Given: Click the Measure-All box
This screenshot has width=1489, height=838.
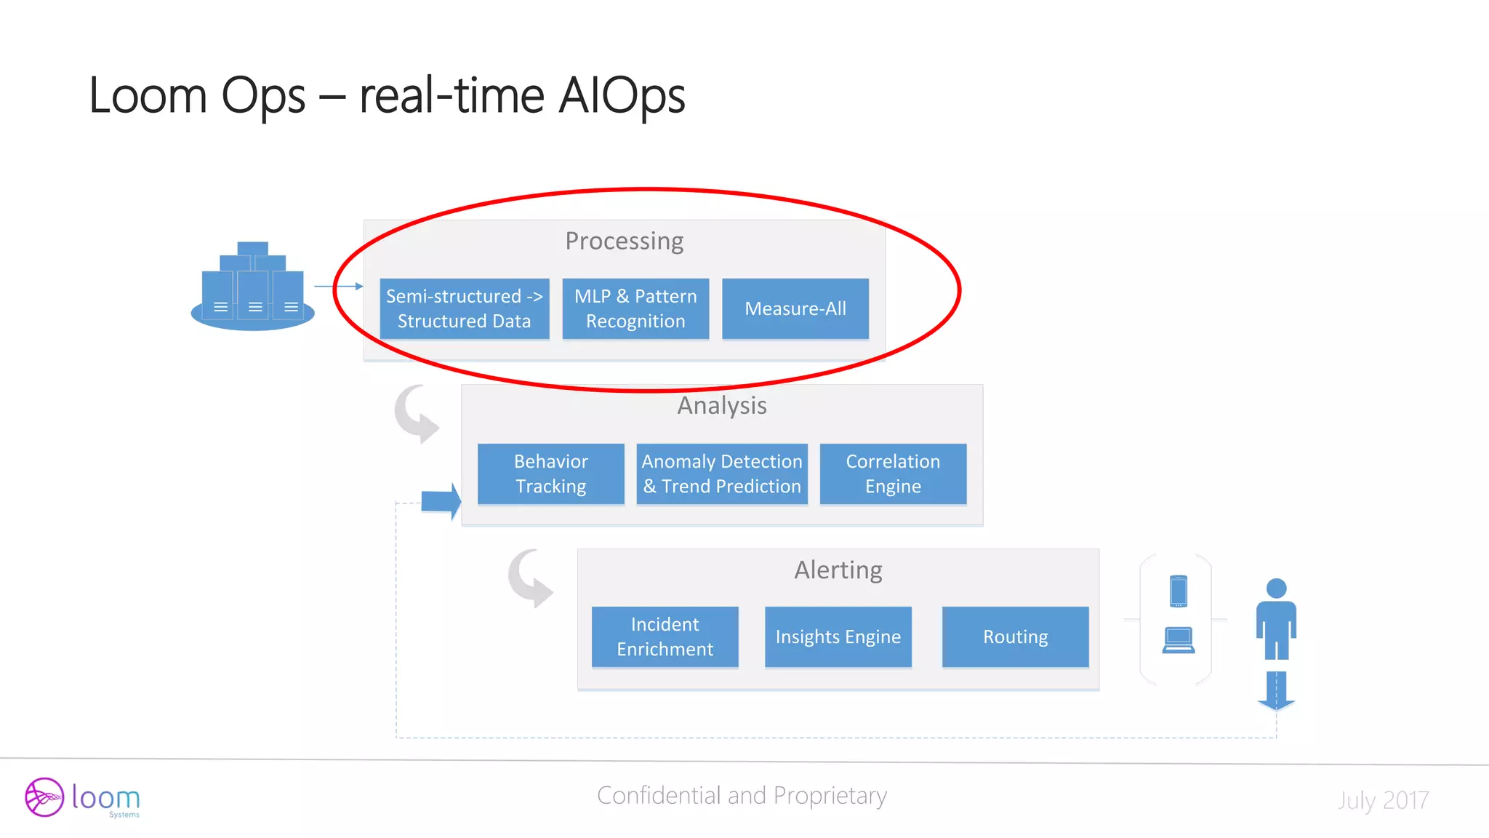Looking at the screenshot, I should (x=795, y=308).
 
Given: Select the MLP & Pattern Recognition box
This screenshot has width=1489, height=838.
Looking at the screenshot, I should (x=635, y=308).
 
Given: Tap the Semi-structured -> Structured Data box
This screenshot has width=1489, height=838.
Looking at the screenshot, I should (x=464, y=308).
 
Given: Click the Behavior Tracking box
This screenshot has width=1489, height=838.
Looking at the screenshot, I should (x=550, y=474).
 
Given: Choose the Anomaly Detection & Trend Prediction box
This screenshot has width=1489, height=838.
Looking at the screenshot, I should (x=722, y=474).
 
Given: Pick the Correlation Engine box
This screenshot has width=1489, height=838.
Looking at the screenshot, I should (x=893, y=474).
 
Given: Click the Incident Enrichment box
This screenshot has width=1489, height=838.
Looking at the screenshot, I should (x=665, y=637).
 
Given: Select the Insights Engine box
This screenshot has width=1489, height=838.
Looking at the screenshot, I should (x=838, y=637).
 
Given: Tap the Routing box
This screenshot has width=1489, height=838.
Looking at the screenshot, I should (x=1015, y=637).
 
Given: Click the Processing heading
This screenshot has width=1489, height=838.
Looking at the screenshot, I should (x=624, y=241).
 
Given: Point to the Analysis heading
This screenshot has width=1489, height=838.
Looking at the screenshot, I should (x=722, y=405).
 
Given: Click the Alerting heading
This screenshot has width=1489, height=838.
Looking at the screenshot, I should (x=838, y=570).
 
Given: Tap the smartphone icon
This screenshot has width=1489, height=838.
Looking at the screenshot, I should (x=1179, y=591).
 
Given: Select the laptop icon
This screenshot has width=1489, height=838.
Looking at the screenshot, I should (x=1179, y=640).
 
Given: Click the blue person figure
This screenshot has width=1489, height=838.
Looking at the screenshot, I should (x=1276, y=618).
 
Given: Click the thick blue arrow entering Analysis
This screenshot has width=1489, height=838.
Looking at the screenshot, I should (x=441, y=501).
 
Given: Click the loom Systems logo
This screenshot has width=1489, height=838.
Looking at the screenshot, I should (x=82, y=797).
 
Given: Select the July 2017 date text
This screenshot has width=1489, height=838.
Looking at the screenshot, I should (x=1383, y=800).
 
